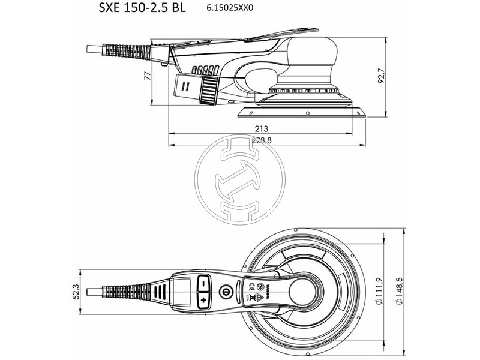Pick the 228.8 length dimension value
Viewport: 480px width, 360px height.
tap(262, 140)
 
